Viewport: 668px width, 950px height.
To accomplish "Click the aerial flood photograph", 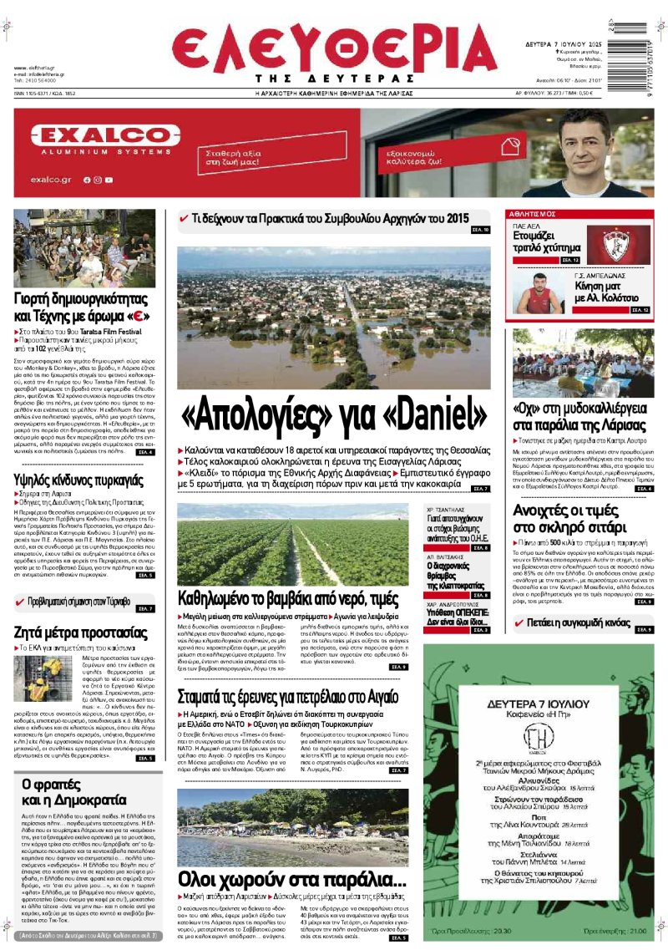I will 334,318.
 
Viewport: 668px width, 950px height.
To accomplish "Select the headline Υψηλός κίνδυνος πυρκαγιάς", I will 79,480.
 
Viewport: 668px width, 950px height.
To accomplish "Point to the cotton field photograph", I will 292,543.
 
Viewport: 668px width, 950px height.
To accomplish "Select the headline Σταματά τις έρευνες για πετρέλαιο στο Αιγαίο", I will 288,698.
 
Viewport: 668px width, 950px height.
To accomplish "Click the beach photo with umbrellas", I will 292,827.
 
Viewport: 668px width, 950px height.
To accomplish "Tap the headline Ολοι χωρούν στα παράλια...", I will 292,879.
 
